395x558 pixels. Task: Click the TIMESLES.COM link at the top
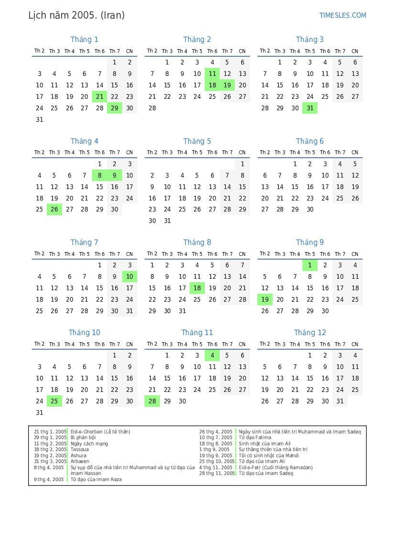coord(342,15)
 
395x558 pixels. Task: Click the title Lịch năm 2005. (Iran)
coord(76,15)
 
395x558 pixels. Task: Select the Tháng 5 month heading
coord(197,141)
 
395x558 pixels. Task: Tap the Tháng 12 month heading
coord(310,333)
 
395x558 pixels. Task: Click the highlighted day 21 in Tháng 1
coord(99,97)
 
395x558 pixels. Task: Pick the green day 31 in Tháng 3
coord(310,108)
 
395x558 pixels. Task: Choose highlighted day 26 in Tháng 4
coord(54,210)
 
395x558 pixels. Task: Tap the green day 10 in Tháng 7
coord(129,277)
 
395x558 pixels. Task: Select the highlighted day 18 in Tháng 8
coord(197,288)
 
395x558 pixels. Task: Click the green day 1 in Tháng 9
coord(310,265)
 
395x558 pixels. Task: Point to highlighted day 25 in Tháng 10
coord(54,401)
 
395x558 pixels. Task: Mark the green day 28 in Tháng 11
coord(152,401)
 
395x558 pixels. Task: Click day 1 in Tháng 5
coord(242,164)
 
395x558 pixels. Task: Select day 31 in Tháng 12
coord(340,401)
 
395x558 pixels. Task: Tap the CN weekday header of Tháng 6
coord(355,153)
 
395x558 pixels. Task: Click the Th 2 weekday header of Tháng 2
coord(152,51)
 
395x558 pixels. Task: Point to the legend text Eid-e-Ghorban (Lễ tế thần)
coord(100,432)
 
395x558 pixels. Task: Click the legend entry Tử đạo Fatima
coord(255,438)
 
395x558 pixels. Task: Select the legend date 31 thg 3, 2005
coord(50,462)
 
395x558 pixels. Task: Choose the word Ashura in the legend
coord(79,456)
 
